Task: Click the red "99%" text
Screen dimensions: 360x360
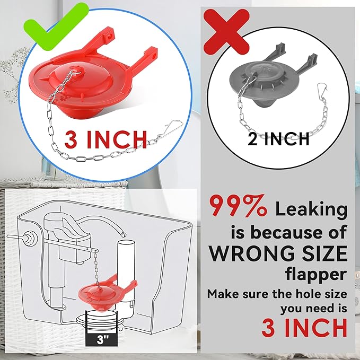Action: [238, 208]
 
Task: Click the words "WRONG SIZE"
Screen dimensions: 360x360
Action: [278, 253]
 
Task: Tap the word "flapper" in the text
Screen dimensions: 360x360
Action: [317, 274]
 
